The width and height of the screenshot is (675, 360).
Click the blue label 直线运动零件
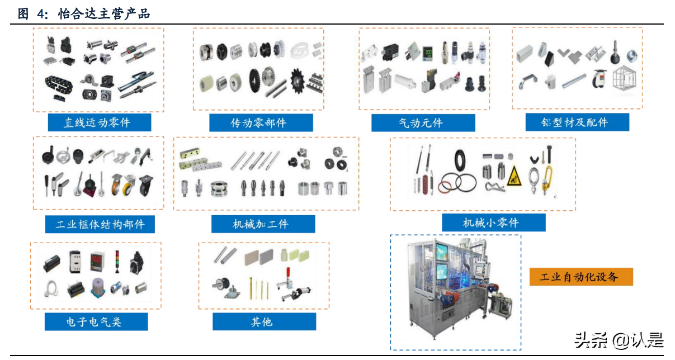click(100, 122)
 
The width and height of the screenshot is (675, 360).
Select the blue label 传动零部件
click(261, 122)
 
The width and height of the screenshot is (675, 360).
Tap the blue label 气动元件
click(423, 122)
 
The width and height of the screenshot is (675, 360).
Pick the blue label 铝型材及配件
click(577, 122)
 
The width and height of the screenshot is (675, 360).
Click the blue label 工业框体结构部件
click(100, 224)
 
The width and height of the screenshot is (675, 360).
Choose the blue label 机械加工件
click(263, 224)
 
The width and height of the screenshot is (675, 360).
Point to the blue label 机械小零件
click(494, 222)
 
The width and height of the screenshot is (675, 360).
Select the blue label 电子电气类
click(96, 322)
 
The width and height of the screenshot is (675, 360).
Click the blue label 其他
click(265, 322)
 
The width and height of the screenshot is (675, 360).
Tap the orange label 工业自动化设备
click(581, 277)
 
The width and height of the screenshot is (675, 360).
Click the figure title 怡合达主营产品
click(104, 14)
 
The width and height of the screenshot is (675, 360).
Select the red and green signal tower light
click(117, 262)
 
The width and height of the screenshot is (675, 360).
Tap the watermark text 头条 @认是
click(619, 340)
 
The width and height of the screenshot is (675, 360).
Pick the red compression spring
click(425, 184)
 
